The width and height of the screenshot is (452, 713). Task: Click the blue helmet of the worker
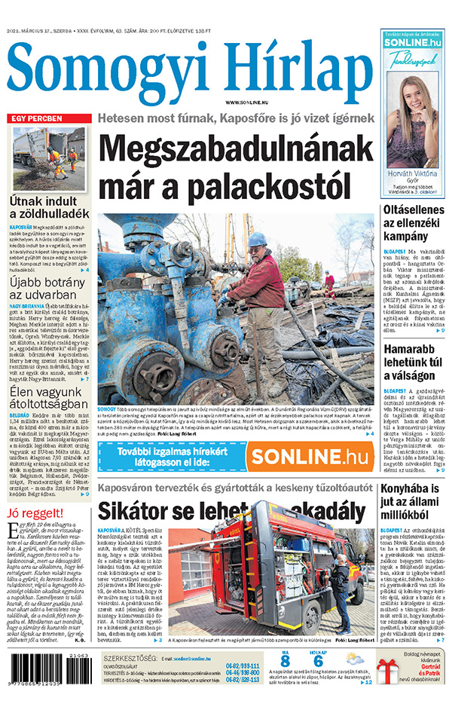tap(258, 239)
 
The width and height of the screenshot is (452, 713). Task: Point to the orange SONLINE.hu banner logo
tap(310, 457)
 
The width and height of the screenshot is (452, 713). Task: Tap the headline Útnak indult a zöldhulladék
tap(50, 207)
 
